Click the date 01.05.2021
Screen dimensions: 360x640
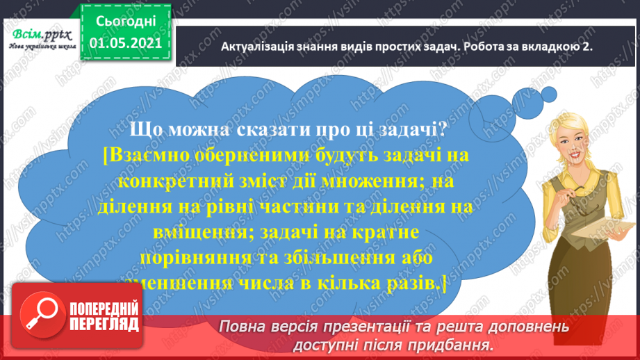coord(126,43)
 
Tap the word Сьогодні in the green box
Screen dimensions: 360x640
coord(126,22)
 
